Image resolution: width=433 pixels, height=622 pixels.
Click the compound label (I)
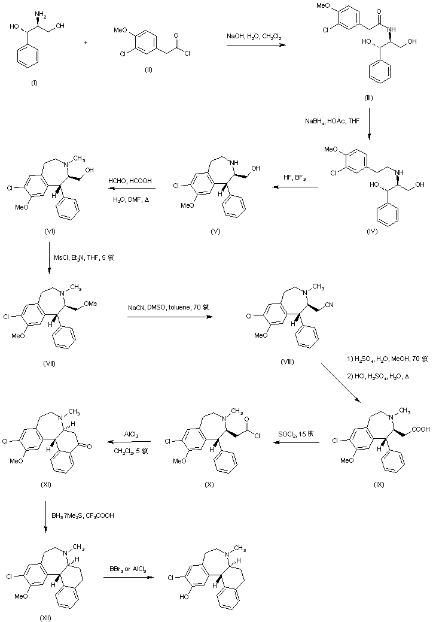pyautogui.click(x=33, y=83)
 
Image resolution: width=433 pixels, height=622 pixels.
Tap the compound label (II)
pyautogui.click(x=148, y=69)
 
